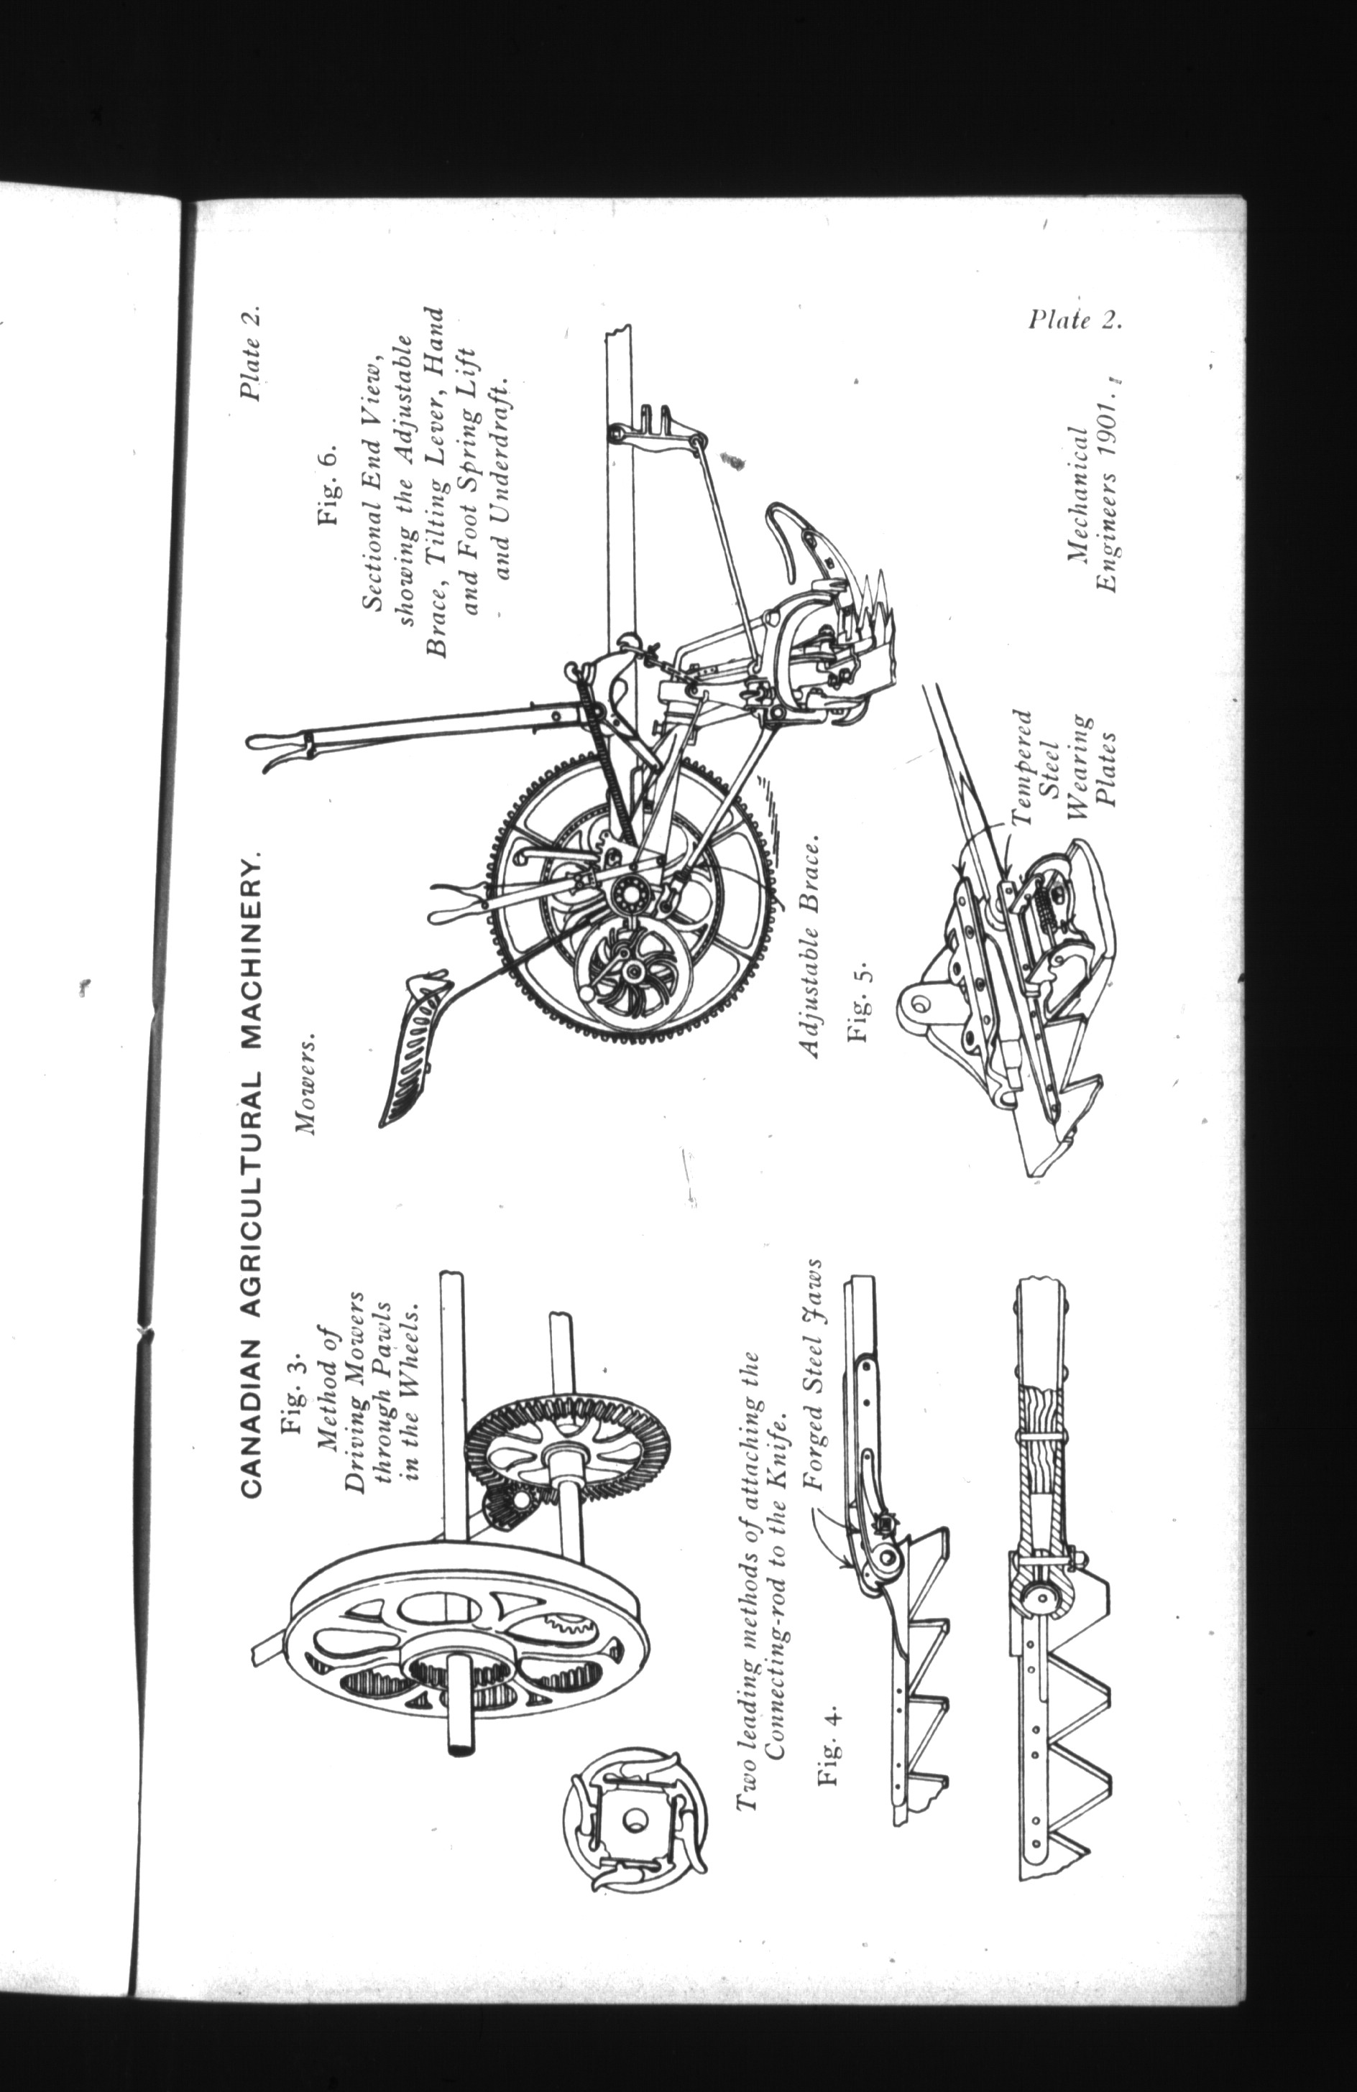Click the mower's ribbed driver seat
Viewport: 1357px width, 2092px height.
pyautogui.click(x=414, y=1042)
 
